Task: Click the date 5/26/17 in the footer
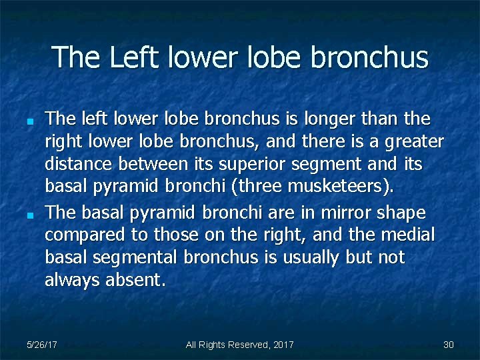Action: click(41, 345)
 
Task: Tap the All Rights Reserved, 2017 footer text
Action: click(239, 345)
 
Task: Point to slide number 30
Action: click(448, 345)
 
